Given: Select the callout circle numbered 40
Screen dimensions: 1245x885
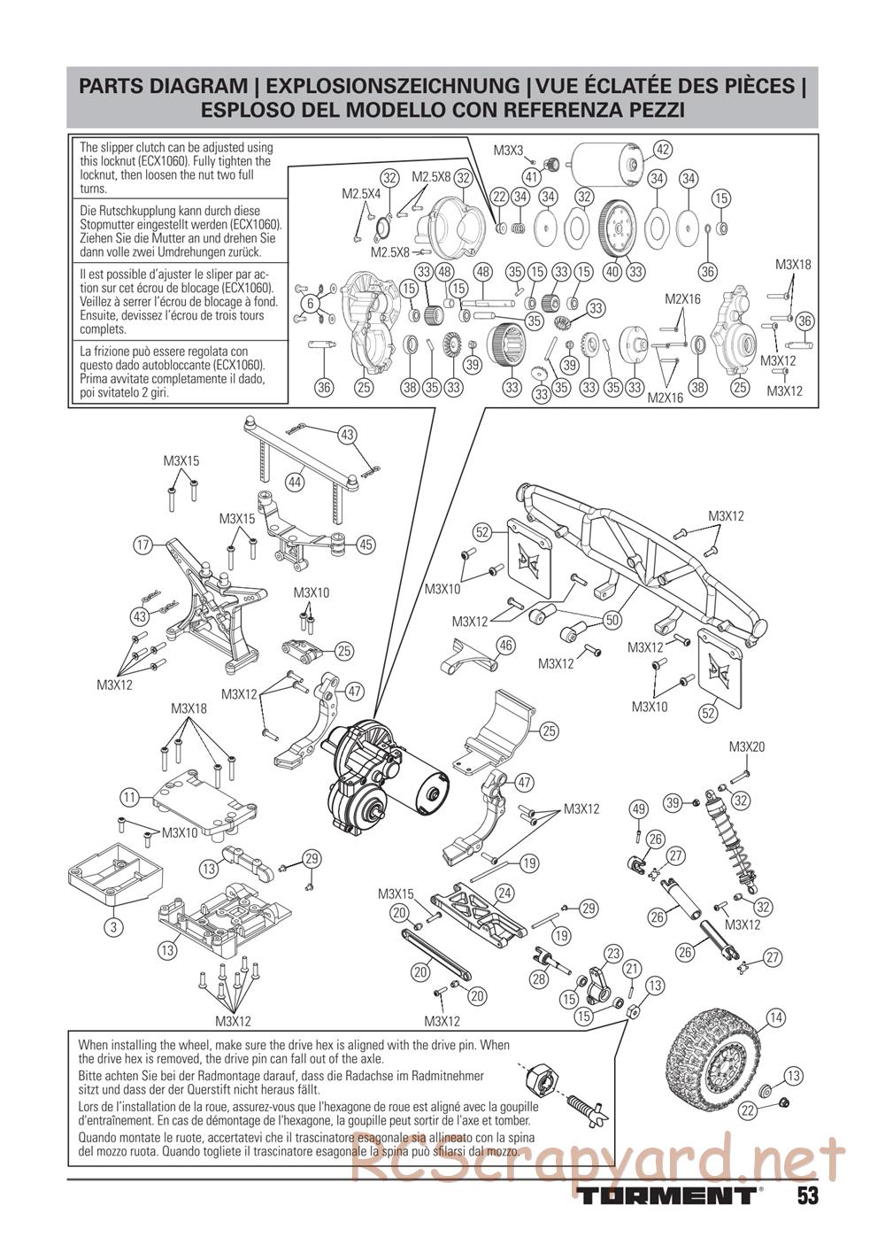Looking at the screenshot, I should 612,272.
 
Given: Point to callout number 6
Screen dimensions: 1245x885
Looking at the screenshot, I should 311,304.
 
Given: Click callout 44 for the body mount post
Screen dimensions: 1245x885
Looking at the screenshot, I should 295,481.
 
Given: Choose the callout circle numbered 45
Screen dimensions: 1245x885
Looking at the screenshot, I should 366,545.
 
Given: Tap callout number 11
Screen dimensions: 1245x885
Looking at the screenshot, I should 130,798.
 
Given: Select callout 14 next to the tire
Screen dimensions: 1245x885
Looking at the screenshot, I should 775,1017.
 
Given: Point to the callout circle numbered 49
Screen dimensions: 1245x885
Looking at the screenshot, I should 638,808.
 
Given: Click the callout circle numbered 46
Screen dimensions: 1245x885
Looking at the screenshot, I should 505,646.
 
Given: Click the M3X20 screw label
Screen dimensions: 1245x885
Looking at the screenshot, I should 747,746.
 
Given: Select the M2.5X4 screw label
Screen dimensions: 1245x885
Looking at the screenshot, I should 359,193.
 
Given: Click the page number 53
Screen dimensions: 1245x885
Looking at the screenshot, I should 806,1196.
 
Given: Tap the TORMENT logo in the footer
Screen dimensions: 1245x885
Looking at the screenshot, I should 669,1196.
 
